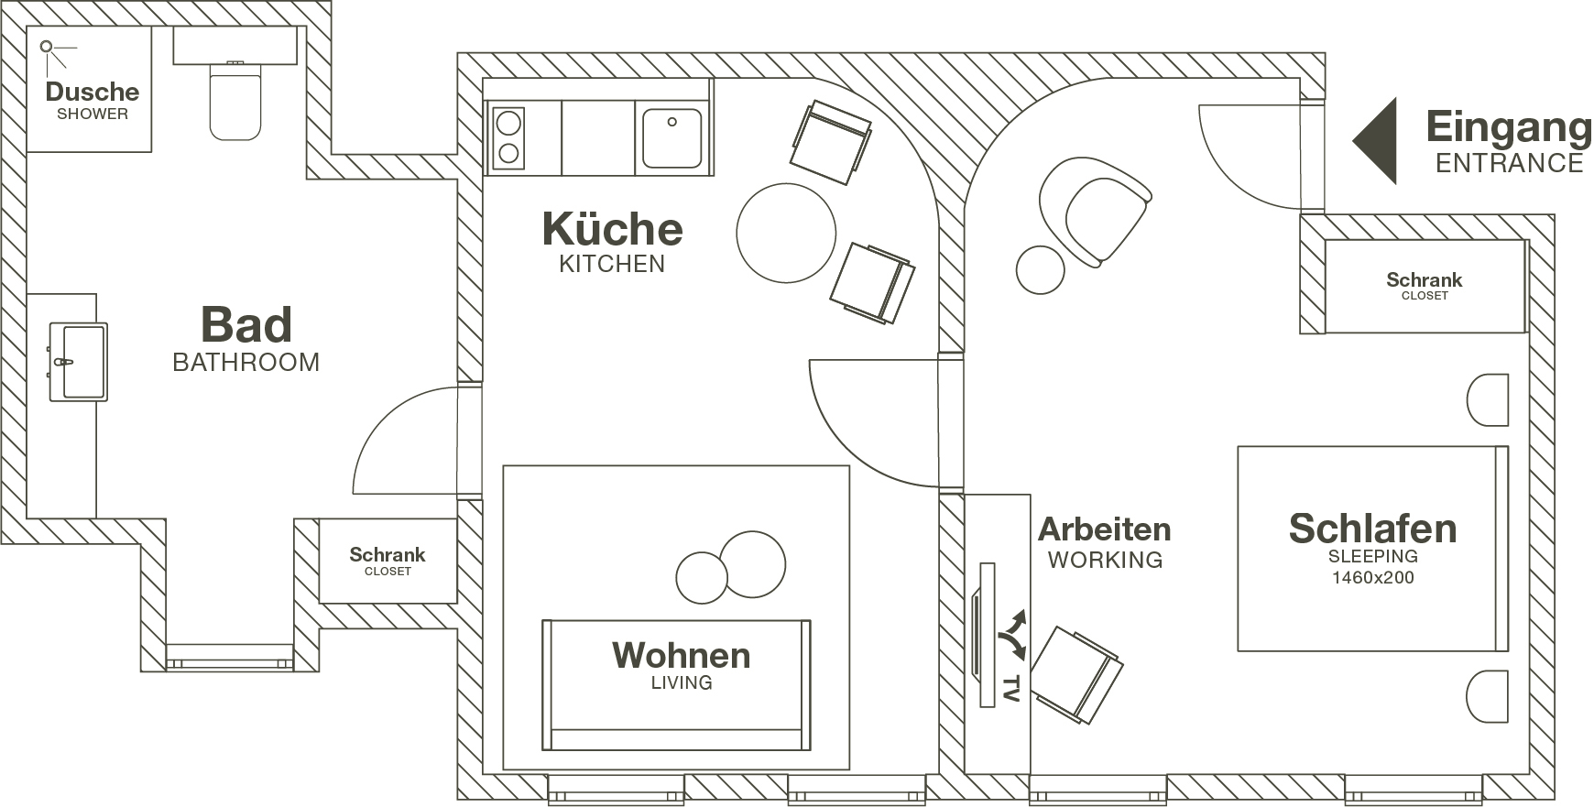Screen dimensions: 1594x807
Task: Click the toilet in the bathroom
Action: (x=235, y=101)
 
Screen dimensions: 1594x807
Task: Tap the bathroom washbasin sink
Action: (x=78, y=362)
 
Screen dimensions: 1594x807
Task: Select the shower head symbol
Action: (x=53, y=52)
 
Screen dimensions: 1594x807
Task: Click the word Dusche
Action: (x=93, y=92)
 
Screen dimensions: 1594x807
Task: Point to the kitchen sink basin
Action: (x=672, y=138)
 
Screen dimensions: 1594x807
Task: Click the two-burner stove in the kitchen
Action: (x=508, y=138)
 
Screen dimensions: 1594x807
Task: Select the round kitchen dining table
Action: (x=786, y=233)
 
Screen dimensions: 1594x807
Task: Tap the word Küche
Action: (x=612, y=228)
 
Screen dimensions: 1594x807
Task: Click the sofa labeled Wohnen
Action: (x=676, y=684)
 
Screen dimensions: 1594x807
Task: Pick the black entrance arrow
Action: (x=1376, y=140)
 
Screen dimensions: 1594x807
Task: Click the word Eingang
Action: (x=1509, y=129)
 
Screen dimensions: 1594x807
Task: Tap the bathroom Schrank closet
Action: (x=388, y=561)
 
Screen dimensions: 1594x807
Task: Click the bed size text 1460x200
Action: (x=1372, y=577)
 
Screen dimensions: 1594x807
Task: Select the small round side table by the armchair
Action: (x=1041, y=270)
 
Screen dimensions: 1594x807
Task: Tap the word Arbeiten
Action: (x=1104, y=529)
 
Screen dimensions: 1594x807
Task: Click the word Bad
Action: (x=246, y=324)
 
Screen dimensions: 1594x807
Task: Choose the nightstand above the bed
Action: (x=1488, y=399)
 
